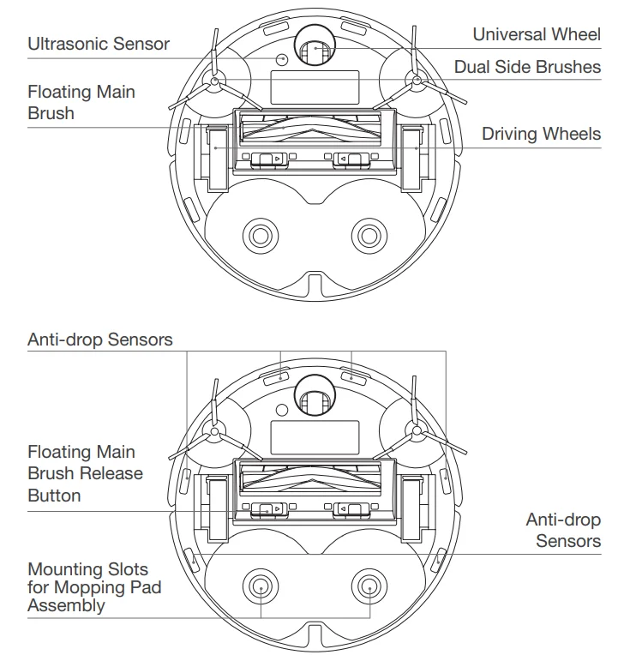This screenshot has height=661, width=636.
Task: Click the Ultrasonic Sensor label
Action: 99,44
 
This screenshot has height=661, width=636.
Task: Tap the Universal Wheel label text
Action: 537,34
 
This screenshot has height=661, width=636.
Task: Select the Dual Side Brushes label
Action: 527,67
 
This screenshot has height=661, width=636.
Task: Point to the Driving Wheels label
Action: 541,134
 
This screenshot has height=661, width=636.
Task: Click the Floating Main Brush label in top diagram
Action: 81,102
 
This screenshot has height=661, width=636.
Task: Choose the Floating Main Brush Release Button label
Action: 85,473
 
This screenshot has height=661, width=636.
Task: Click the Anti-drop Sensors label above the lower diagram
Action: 99,340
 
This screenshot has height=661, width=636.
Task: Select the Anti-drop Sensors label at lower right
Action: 563,530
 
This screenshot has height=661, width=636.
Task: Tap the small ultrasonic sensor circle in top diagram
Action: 281,58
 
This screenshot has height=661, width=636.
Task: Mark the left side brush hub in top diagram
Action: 213,82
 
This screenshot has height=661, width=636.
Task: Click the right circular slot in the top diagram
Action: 369,234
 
